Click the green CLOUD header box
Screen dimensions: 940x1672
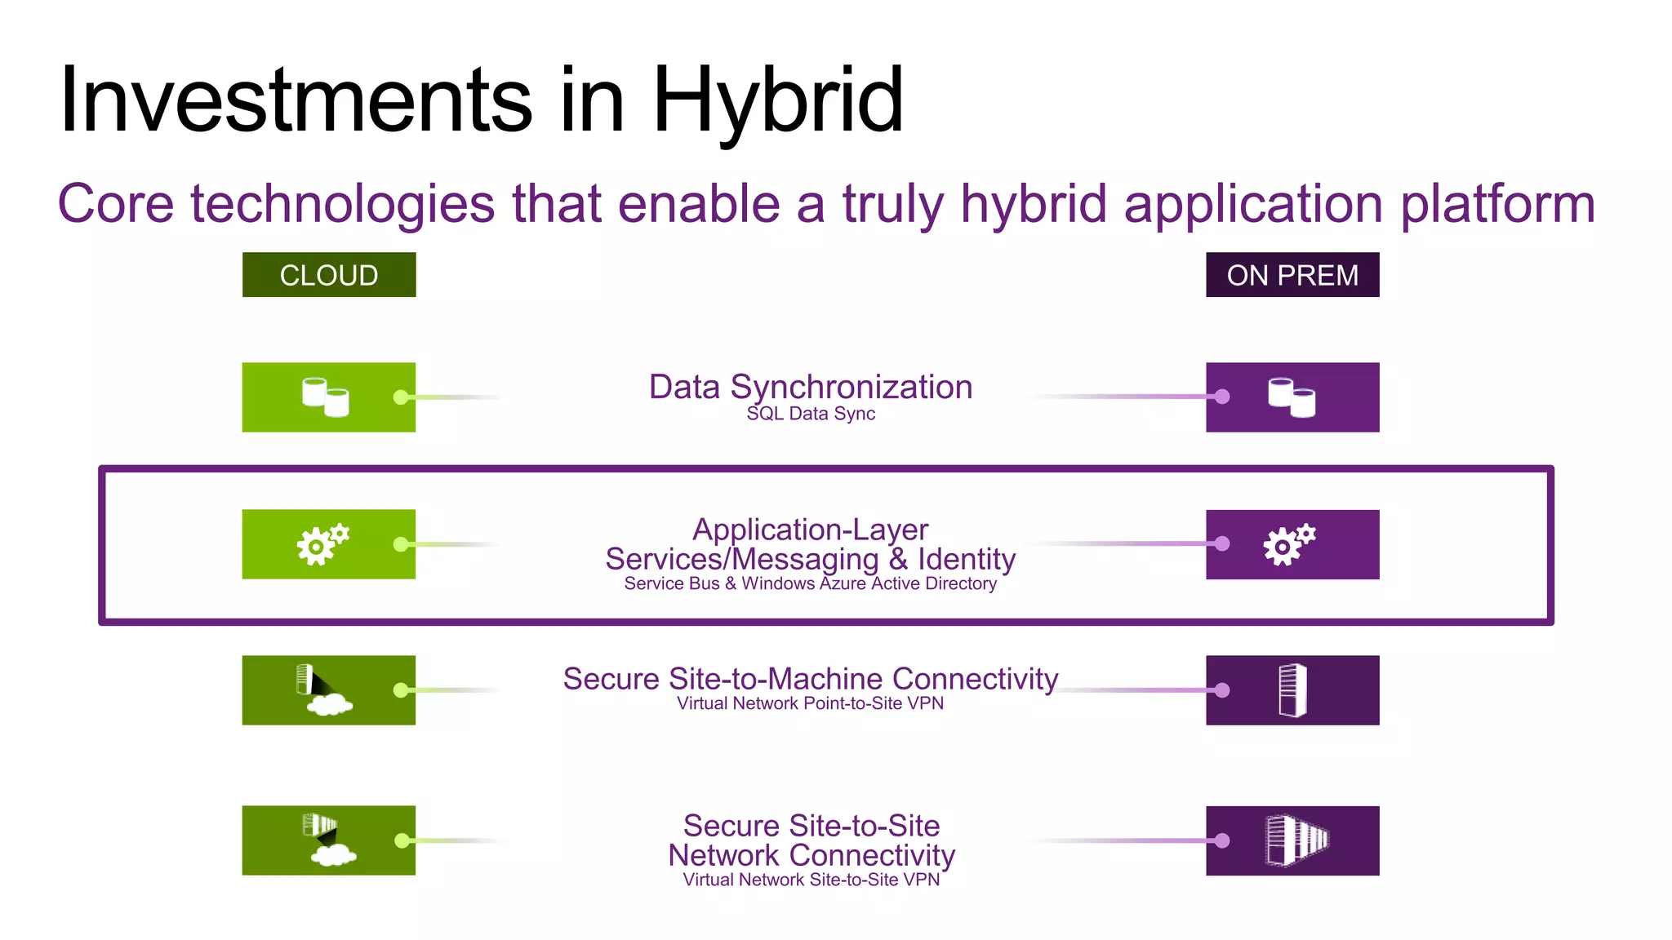click(328, 275)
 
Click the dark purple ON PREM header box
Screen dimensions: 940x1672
click(1292, 275)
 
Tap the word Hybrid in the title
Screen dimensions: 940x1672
click(777, 100)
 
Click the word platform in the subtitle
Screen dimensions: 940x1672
click(1497, 204)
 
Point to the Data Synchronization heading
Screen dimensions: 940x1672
click(811, 387)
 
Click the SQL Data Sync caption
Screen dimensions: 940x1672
click(811, 414)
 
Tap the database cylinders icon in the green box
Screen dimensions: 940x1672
click(326, 397)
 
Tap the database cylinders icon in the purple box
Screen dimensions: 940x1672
click(1292, 397)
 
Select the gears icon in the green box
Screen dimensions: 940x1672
click(322, 544)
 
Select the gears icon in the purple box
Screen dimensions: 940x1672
click(1289, 544)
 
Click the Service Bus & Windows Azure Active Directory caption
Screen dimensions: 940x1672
click(811, 583)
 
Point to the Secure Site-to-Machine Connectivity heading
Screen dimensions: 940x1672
click(811, 679)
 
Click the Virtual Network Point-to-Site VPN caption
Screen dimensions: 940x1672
click(811, 703)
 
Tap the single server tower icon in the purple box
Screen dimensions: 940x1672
click(1292, 690)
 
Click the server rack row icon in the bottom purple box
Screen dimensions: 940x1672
click(1296, 840)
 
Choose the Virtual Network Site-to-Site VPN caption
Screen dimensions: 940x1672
click(811, 880)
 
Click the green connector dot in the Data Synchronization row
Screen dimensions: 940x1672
click(401, 397)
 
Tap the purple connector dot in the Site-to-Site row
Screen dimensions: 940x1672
click(1221, 840)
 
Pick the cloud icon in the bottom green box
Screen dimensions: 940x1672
click(334, 854)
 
